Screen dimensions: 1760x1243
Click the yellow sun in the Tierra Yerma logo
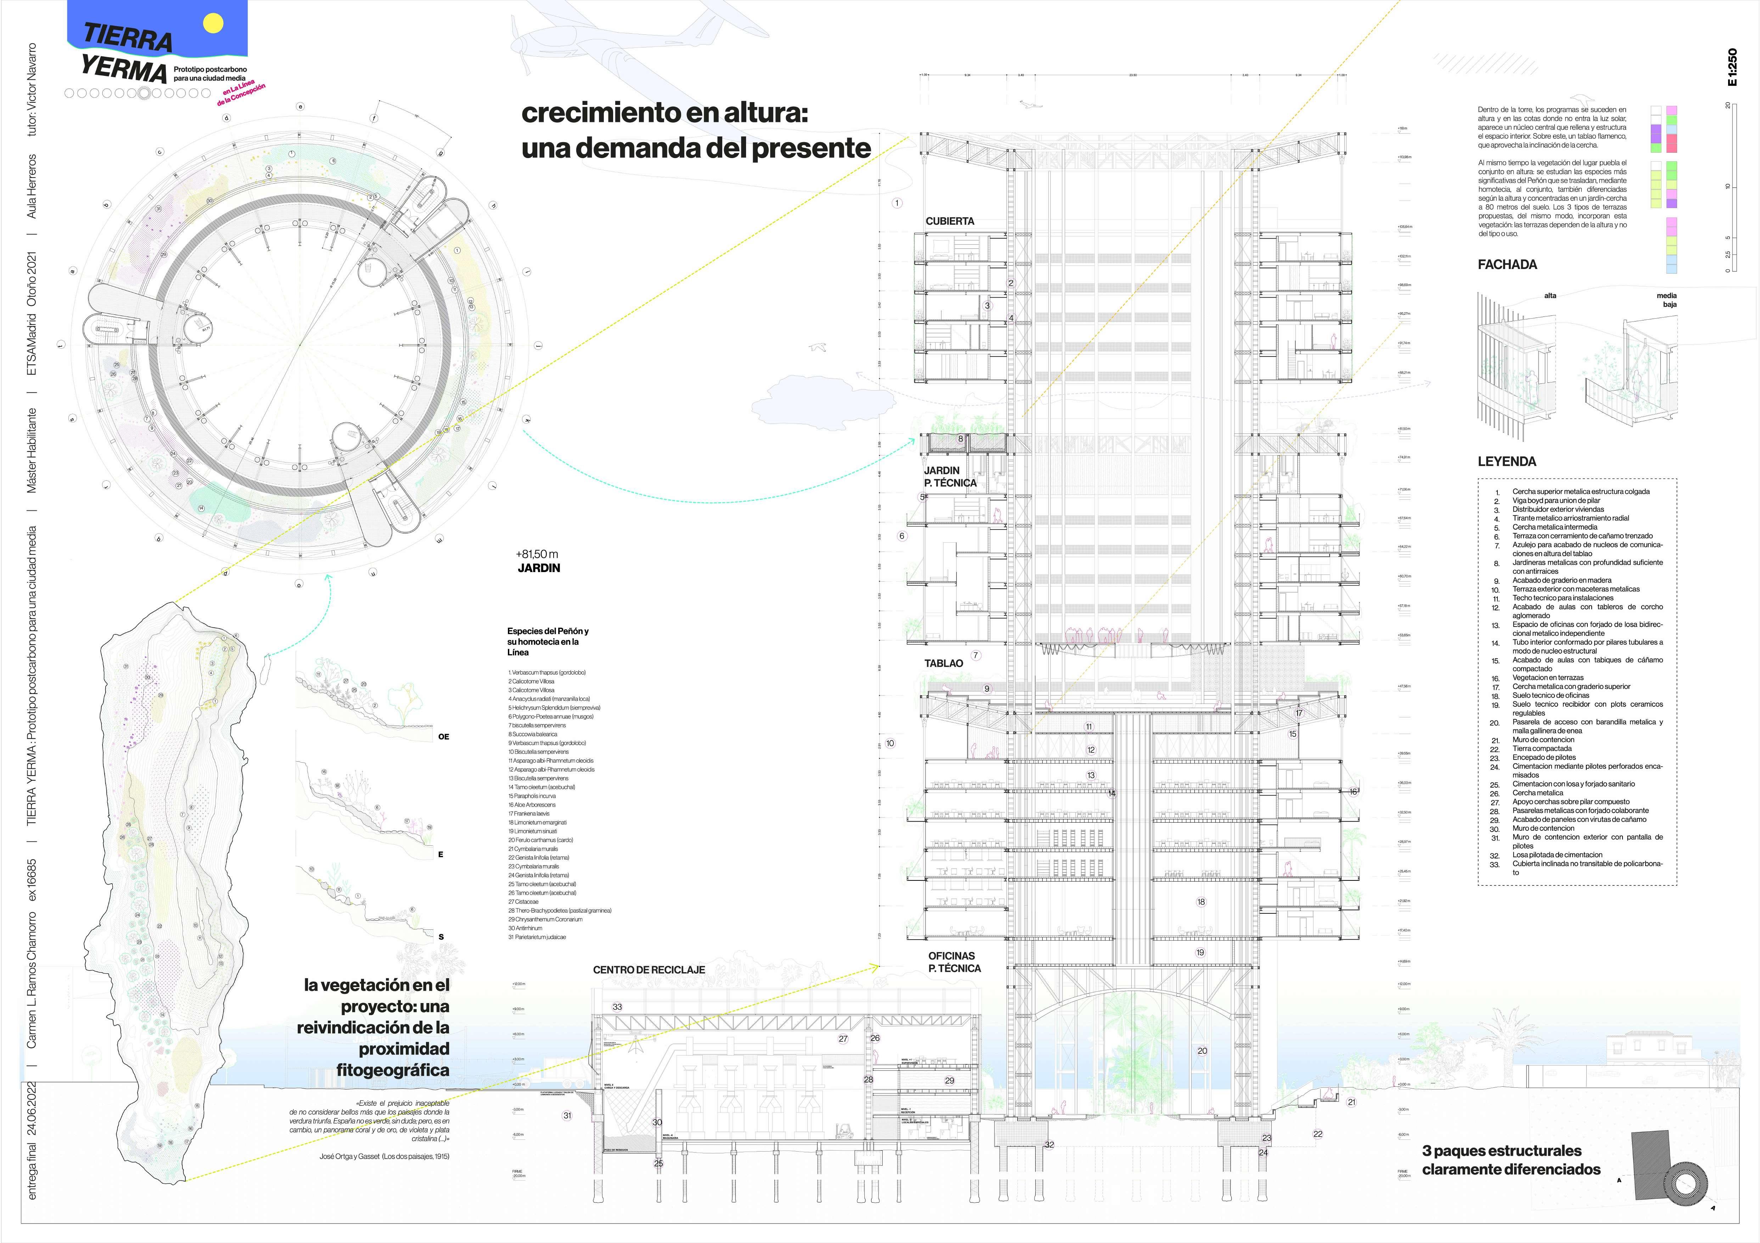pos(213,24)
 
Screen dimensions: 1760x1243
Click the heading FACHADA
pos(1507,264)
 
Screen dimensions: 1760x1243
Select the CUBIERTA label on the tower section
pos(950,221)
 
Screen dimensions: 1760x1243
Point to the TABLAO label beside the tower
pos(944,663)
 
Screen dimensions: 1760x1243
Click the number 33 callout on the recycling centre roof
pos(617,1007)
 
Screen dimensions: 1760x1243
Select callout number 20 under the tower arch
pos(1202,1051)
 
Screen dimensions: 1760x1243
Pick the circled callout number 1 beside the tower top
pos(897,203)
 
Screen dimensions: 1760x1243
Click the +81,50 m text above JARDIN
pos(537,554)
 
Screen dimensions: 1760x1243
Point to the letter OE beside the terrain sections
pos(443,737)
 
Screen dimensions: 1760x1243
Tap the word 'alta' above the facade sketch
pos(1550,296)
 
